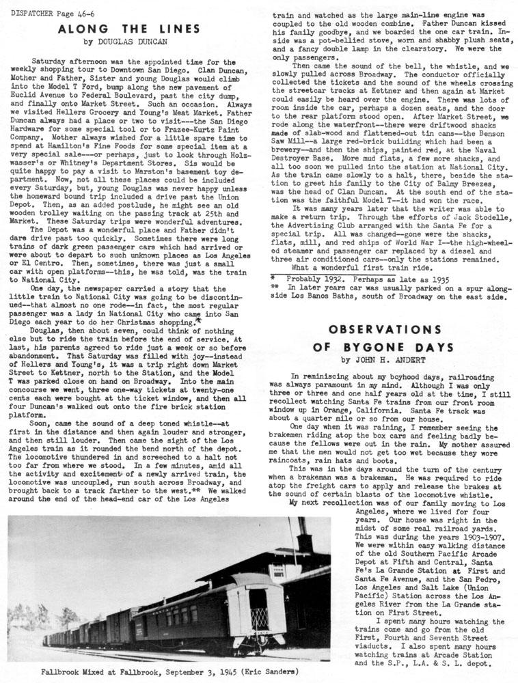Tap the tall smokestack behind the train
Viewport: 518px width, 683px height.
303,537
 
